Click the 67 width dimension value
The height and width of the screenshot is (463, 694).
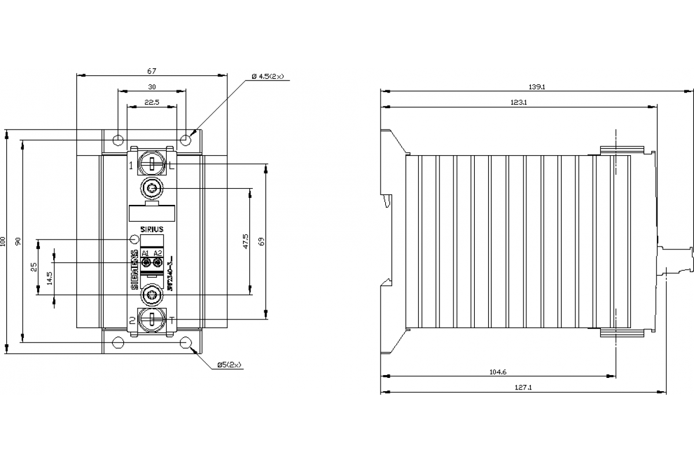[152, 71]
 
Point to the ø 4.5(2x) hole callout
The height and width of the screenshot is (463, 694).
[268, 76]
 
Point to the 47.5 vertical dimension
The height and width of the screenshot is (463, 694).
[246, 241]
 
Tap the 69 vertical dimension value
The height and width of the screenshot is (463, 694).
[261, 241]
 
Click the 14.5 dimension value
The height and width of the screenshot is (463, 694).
[50, 278]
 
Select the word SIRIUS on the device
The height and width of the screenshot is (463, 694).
[152, 229]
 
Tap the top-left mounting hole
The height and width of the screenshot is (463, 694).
[118, 140]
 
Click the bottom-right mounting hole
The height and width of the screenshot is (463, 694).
[186, 343]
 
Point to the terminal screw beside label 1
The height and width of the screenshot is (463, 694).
[152, 164]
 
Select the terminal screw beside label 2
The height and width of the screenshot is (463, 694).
[152, 320]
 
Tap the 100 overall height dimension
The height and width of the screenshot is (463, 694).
[3, 241]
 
